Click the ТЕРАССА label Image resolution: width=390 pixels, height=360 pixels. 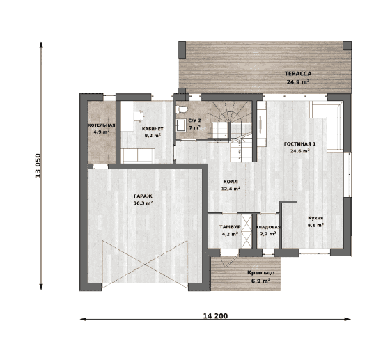pyautogui.click(x=298, y=74)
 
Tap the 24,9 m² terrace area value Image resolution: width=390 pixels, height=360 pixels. pyautogui.click(x=298, y=81)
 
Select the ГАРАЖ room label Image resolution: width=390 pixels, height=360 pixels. pyautogui.click(x=143, y=196)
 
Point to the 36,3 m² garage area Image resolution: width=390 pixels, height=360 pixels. pyautogui.click(x=143, y=203)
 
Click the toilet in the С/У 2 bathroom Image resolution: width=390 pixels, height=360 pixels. pyautogui.click(x=181, y=109)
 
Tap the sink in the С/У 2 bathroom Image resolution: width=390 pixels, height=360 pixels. pyautogui.click(x=181, y=125)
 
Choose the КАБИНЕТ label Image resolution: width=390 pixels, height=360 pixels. pyautogui.click(x=153, y=129)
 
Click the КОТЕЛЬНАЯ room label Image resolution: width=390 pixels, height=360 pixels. pyautogui.click(x=102, y=125)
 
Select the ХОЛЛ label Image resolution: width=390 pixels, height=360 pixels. pyautogui.click(x=231, y=182)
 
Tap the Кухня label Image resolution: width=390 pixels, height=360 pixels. pyautogui.click(x=315, y=218)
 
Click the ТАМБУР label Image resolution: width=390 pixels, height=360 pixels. pyautogui.click(x=230, y=227)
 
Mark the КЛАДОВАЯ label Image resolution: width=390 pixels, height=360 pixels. pyautogui.click(x=268, y=227)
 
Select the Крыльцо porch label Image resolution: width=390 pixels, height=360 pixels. pyautogui.click(x=261, y=273)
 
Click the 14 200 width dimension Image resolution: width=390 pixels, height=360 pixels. pyautogui.click(x=215, y=316)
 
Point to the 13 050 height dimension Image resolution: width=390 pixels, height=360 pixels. pyautogui.click(x=38, y=165)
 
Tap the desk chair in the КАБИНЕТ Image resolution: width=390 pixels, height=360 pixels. pyautogui.click(x=139, y=116)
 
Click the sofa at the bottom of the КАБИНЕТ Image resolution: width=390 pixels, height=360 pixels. pyautogui.click(x=138, y=156)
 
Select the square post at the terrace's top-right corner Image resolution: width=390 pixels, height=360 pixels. pyautogui.click(x=347, y=46)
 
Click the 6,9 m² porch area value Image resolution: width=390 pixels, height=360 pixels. pyautogui.click(x=261, y=281)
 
